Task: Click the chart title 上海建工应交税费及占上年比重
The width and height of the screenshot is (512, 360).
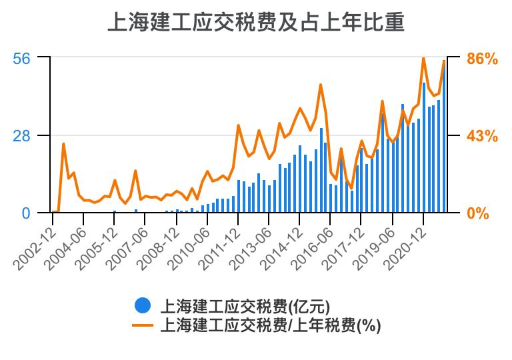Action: click(x=256, y=22)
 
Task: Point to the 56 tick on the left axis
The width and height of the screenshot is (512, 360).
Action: click(x=22, y=58)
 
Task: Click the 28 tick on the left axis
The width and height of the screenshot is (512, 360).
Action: click(x=22, y=135)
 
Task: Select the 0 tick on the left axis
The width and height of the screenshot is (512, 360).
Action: click(x=26, y=213)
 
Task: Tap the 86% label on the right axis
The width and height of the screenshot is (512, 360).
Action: click(x=482, y=59)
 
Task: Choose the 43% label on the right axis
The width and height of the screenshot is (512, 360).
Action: click(x=482, y=136)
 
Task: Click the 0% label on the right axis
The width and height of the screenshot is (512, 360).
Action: click(x=477, y=214)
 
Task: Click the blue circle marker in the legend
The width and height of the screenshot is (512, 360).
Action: click(x=142, y=305)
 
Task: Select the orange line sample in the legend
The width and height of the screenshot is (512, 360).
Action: click(x=142, y=325)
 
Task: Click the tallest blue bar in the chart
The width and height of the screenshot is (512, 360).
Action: click(x=424, y=148)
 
